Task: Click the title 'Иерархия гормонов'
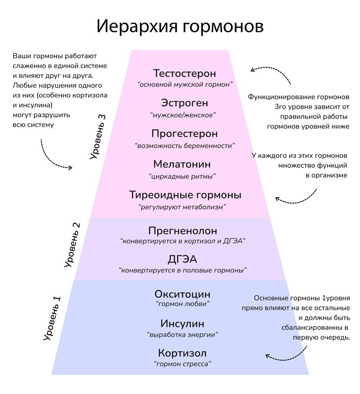click(180, 26)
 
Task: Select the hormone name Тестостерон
click(184, 73)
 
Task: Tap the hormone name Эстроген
click(184, 103)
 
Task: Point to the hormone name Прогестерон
click(184, 134)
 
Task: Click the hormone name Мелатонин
click(182, 164)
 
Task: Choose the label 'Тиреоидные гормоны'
click(185, 195)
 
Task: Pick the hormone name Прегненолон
click(183, 231)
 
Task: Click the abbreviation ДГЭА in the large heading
click(182, 259)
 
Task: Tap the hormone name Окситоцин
click(182, 294)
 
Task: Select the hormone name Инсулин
click(182, 324)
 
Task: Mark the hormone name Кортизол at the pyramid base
click(182, 353)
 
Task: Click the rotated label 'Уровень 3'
click(98, 137)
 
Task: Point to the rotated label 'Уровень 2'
click(72, 245)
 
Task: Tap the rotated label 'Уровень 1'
click(52, 318)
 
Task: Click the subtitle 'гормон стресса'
click(182, 364)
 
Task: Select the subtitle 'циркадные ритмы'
click(182, 176)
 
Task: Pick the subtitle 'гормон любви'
click(182, 304)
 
